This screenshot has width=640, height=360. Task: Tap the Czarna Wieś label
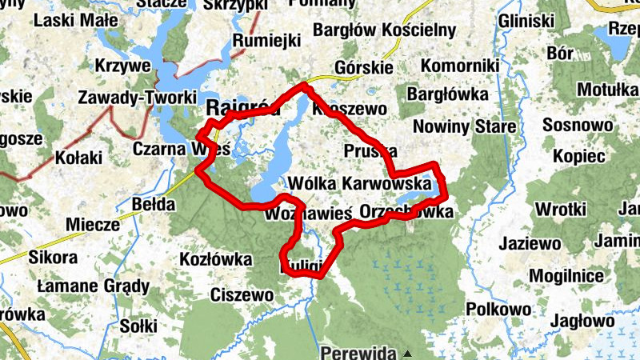(181, 149)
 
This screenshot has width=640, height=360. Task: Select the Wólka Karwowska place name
(363, 183)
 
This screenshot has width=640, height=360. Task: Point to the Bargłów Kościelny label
(386, 30)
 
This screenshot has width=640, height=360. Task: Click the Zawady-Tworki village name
(137, 98)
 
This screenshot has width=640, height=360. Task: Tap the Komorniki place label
(459, 65)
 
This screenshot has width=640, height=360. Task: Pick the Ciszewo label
(242, 295)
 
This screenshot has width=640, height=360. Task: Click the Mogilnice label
(553, 276)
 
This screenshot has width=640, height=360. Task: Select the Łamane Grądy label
(93, 286)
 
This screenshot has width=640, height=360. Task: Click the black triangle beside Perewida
(407, 353)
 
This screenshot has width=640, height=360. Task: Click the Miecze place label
(93, 225)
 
